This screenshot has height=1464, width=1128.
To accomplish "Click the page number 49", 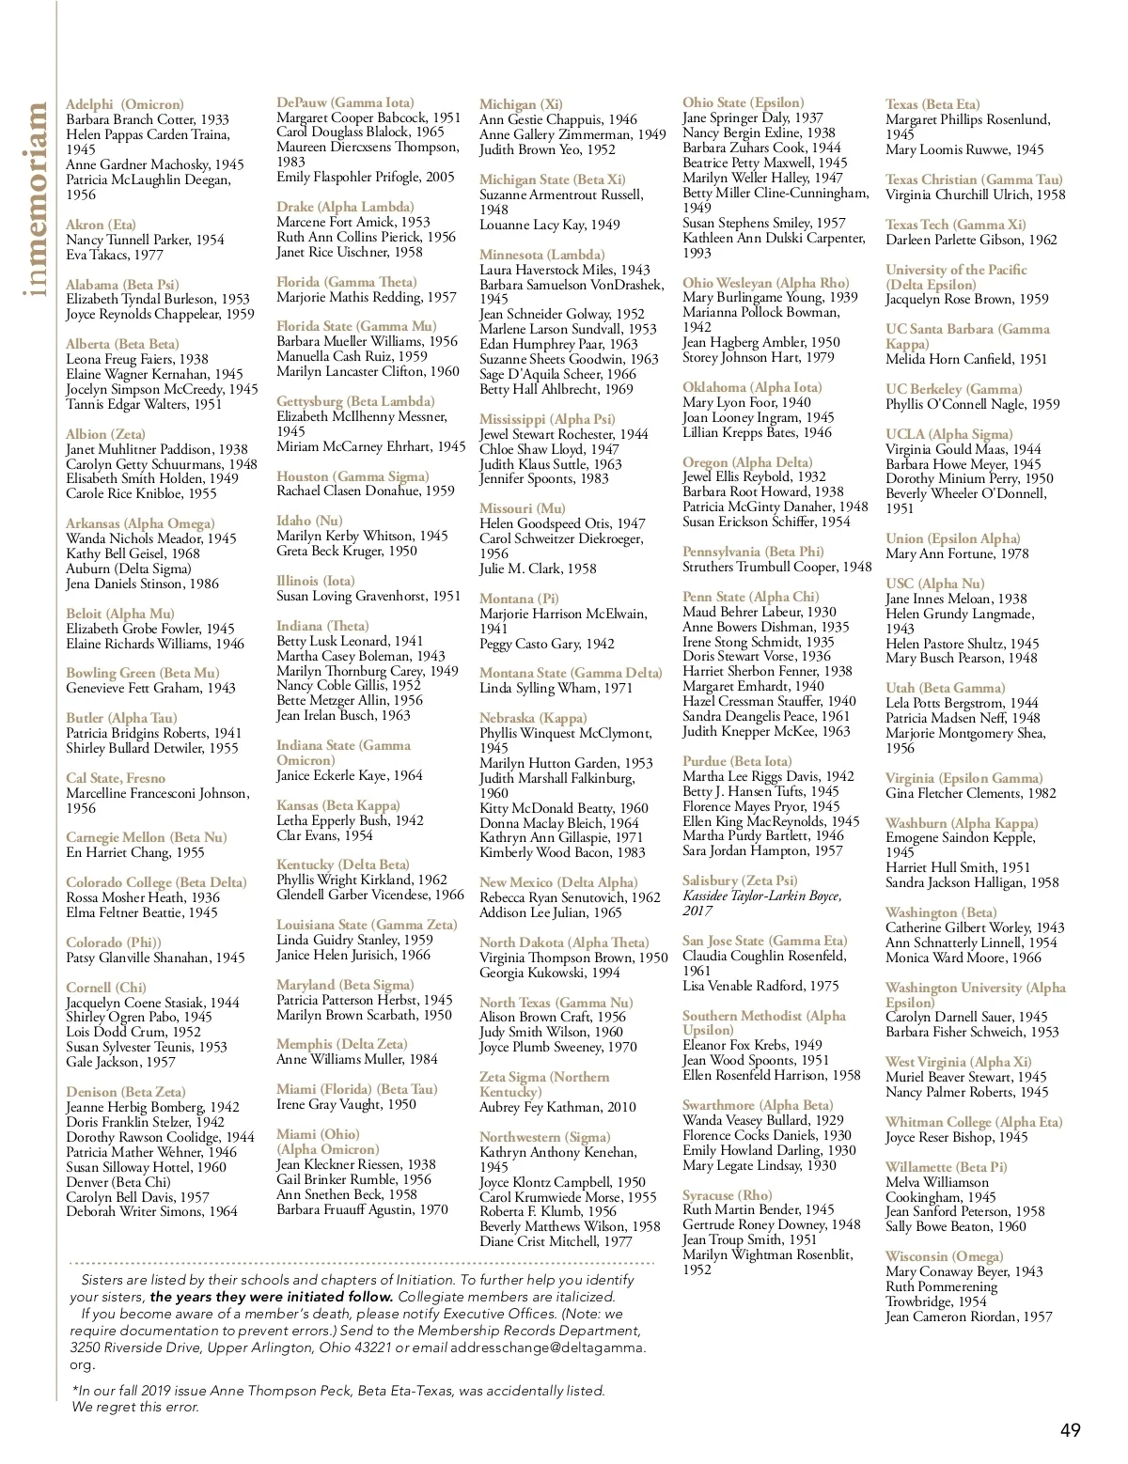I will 1070,1431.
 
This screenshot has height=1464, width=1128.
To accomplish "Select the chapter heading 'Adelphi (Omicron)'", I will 125,104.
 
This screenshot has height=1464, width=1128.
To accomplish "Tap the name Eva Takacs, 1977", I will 115,255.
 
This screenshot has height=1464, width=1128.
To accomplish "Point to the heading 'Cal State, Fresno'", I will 116,778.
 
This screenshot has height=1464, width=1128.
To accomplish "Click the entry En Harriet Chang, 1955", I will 135,852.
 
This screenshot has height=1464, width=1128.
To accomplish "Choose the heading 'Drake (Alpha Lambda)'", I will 345,207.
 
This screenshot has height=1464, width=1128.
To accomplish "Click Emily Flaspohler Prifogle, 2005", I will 366,177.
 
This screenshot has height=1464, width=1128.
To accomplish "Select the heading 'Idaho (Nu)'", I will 309,521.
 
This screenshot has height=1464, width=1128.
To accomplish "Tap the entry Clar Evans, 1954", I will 324,835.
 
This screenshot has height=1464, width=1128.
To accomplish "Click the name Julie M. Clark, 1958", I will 538,568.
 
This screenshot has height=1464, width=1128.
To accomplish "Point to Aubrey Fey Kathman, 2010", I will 557,1107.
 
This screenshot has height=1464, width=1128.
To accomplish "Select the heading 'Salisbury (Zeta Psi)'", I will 740,880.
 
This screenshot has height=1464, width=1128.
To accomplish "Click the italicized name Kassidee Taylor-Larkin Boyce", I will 761,896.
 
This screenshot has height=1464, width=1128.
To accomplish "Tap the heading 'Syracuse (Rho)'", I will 727,1195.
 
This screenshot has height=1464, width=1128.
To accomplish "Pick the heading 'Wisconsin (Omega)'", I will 944,1256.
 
